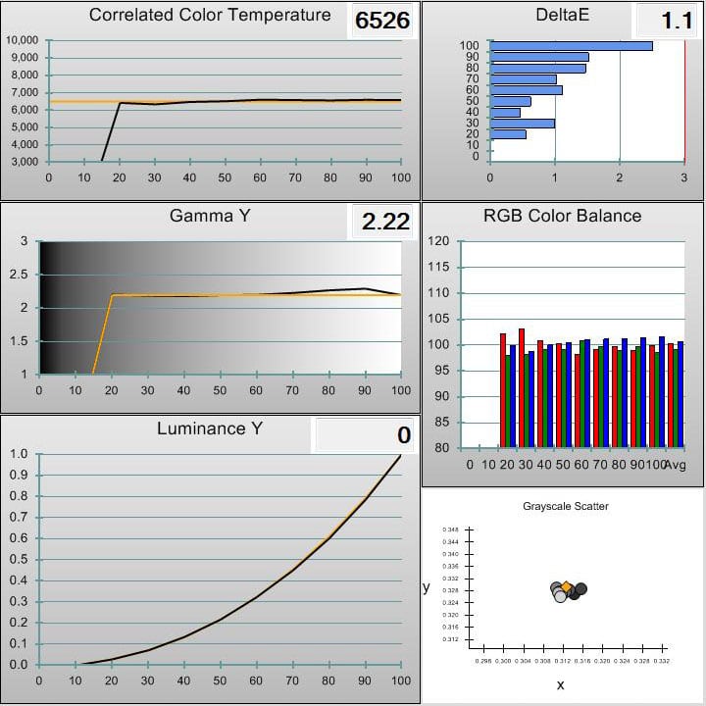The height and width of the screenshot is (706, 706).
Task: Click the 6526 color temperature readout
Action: pyautogui.click(x=382, y=21)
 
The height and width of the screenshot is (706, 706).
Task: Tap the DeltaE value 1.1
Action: pyautogui.click(x=677, y=21)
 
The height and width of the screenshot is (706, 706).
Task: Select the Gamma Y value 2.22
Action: pyautogui.click(x=385, y=222)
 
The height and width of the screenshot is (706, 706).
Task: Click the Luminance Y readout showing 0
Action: pyautogui.click(x=404, y=435)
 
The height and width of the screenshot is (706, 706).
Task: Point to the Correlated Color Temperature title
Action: pyautogui.click(x=210, y=16)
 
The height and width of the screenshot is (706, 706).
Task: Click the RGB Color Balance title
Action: pyautogui.click(x=563, y=216)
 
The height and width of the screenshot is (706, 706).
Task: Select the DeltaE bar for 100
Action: pyautogui.click(x=571, y=45)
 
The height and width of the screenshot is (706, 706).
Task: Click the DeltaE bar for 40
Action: pyautogui.click(x=505, y=112)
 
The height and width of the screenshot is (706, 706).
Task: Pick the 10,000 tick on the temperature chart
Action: pyautogui.click(x=22, y=40)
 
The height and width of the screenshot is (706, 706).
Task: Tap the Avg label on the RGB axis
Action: pyautogui.click(x=675, y=464)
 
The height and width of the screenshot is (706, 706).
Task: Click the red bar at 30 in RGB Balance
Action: pyautogui.click(x=522, y=388)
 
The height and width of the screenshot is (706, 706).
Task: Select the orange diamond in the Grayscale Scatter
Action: pyautogui.click(x=567, y=586)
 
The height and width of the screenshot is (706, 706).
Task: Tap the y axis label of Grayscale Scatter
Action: pyautogui.click(x=426, y=587)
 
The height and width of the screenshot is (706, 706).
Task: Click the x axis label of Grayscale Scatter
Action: pyautogui.click(x=560, y=684)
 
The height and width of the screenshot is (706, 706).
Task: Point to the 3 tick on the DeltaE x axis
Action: pyautogui.click(x=684, y=176)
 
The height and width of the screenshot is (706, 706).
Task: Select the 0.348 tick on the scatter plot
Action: pyautogui.click(x=450, y=529)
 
